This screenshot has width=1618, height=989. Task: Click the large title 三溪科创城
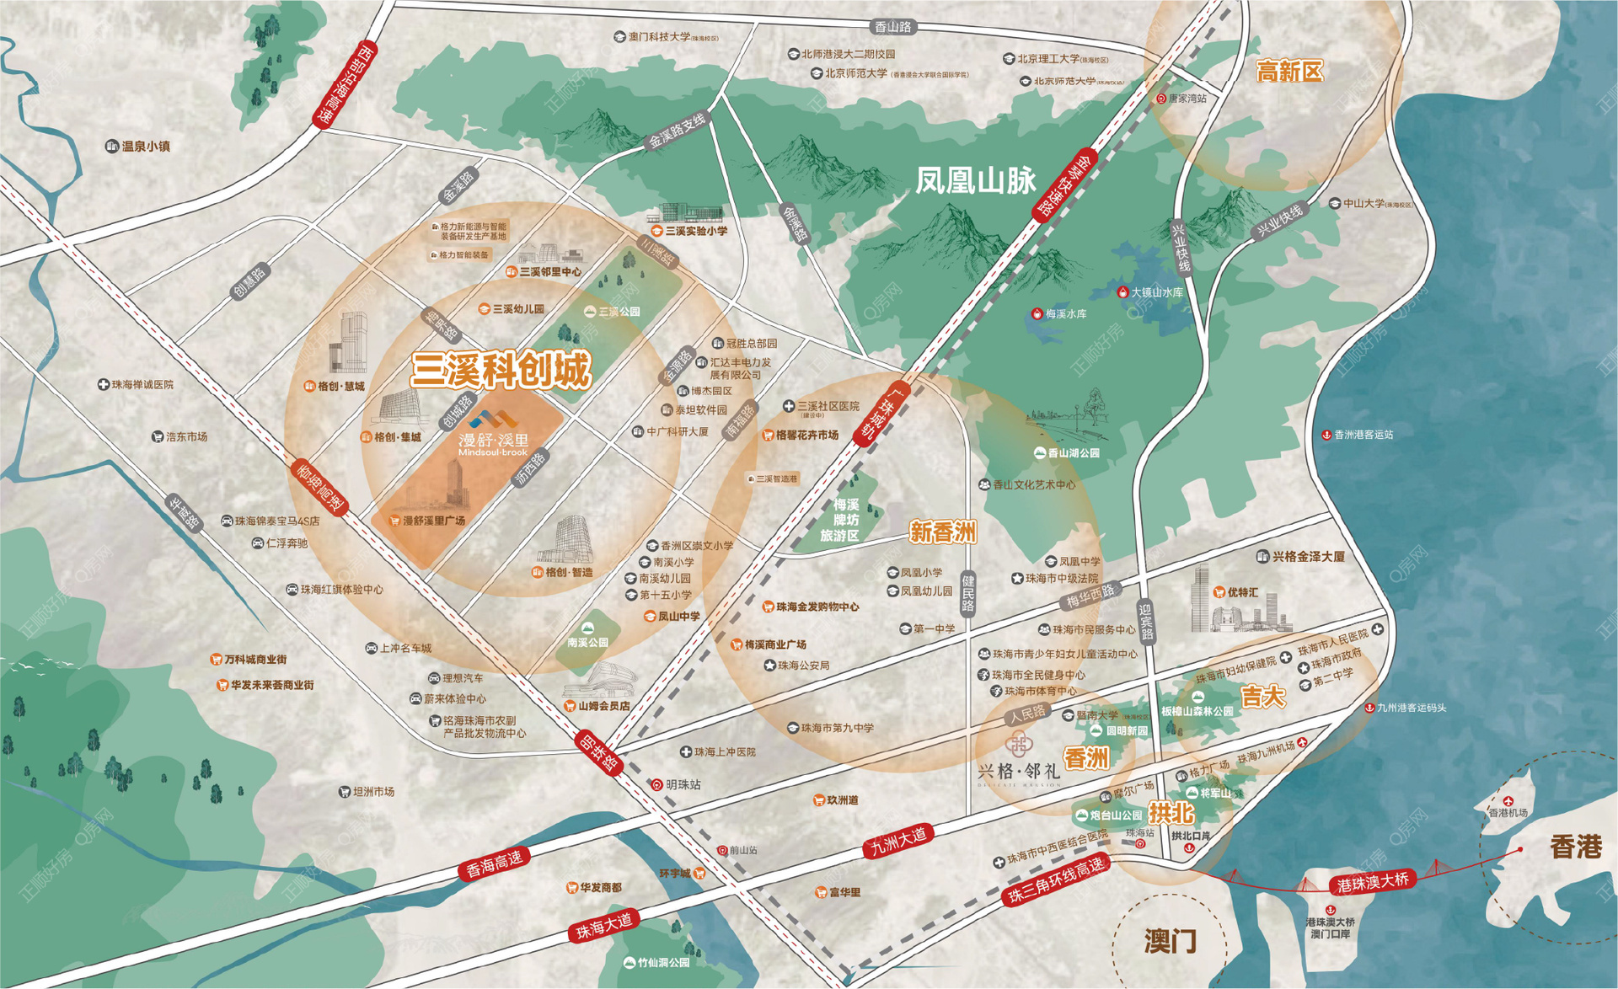(x=501, y=370)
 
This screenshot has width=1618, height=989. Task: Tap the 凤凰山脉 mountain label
(x=975, y=180)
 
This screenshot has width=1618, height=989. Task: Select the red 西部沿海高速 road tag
(x=344, y=84)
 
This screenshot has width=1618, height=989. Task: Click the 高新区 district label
(x=1289, y=71)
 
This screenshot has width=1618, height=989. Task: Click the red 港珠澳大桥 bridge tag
(x=1373, y=883)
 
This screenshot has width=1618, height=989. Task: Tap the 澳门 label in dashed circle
(x=1171, y=941)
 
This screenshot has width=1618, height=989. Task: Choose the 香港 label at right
(x=1575, y=847)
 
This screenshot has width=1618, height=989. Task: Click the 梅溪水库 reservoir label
(x=1060, y=314)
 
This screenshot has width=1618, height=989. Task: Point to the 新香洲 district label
(x=942, y=532)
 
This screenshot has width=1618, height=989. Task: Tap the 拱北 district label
(x=1171, y=813)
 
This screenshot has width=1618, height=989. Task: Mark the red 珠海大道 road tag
(x=603, y=926)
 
